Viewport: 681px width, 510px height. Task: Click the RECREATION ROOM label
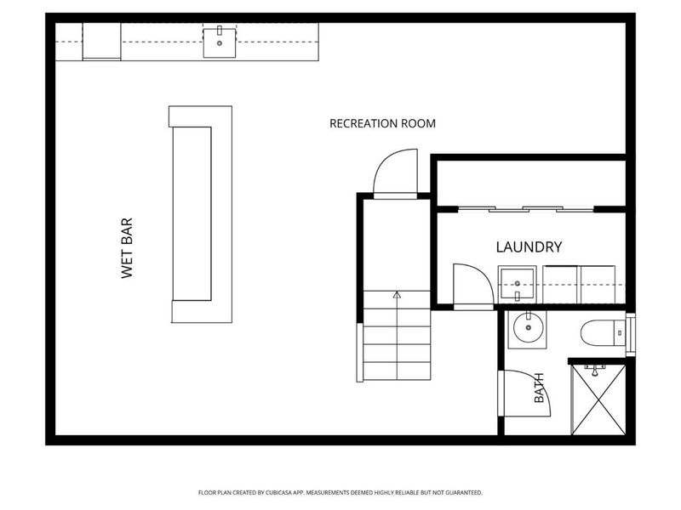point(382,123)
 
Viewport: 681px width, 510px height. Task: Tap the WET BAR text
point(127,248)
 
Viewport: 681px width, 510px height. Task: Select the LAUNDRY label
point(529,246)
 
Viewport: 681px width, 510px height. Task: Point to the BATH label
point(539,388)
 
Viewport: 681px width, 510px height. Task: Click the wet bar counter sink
point(220,42)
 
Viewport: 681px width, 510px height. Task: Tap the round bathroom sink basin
point(528,328)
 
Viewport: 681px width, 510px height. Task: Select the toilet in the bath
point(603,333)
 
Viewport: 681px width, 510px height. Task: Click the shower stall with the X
point(598,399)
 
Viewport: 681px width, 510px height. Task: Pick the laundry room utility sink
point(517,285)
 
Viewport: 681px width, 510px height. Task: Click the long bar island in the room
point(201,214)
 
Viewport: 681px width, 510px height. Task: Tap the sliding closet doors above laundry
point(526,209)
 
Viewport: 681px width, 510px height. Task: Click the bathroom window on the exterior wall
point(631,335)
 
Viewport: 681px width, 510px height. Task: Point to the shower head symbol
point(595,370)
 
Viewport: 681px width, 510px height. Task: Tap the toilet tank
point(620,333)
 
